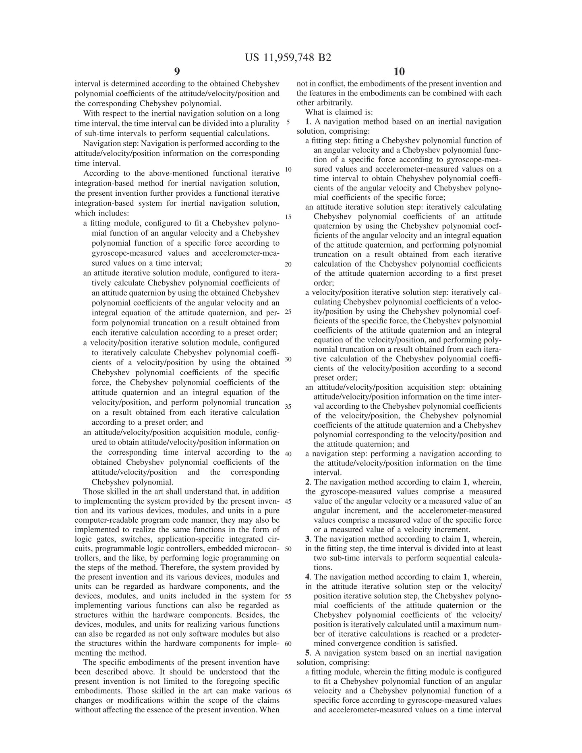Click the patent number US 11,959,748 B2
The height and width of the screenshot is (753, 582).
tap(288, 58)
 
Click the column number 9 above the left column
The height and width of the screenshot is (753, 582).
tap(177, 72)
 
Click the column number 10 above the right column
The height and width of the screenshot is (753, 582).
tap(399, 72)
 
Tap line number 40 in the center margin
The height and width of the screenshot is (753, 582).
tap(288, 454)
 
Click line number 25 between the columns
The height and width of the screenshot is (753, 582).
tap(288, 312)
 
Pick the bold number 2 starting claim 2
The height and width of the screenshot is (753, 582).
tap(307, 482)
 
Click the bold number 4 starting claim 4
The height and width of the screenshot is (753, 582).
tap(307, 577)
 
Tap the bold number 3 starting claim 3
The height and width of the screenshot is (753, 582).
tap(307, 539)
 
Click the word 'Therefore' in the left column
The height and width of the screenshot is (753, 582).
tap(220, 568)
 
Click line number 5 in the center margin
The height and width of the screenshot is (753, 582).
tap(288, 122)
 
